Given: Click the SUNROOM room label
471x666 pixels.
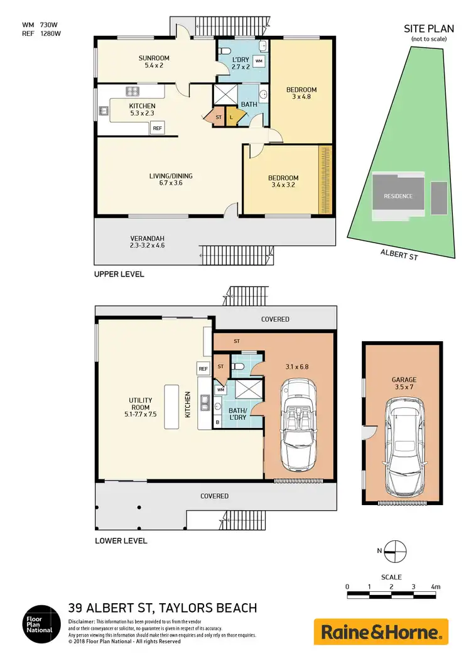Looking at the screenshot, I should pyautogui.click(x=154, y=58).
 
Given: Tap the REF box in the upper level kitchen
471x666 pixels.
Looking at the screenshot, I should pyautogui.click(x=157, y=128).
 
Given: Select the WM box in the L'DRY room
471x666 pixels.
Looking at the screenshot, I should pyautogui.click(x=259, y=61).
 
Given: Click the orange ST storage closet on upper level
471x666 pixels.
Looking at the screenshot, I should pyautogui.click(x=218, y=117).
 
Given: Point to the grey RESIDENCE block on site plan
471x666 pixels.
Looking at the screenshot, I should pyautogui.click(x=398, y=196).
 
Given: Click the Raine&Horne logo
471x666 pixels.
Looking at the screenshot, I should pyautogui.click(x=381, y=631).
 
